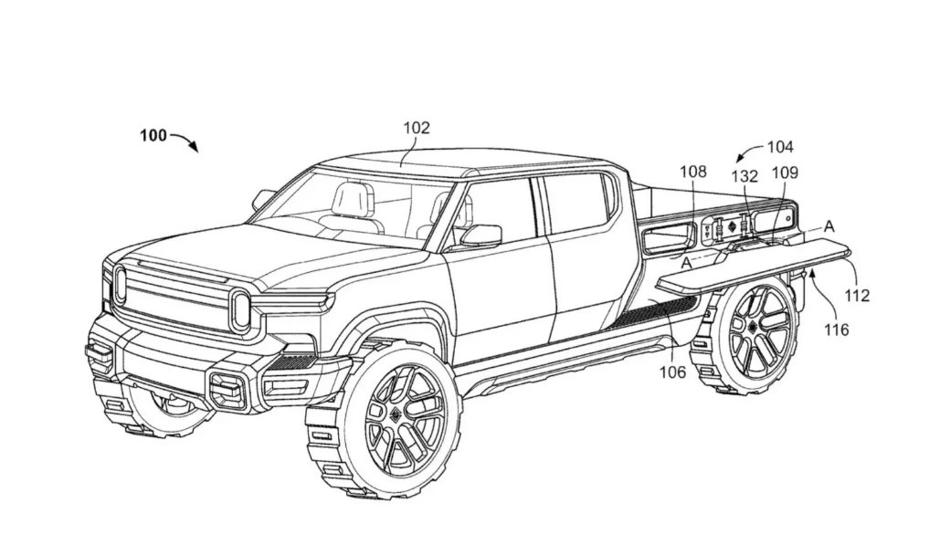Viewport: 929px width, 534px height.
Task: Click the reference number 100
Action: coord(153,136)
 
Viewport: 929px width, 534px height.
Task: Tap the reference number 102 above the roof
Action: coord(416,129)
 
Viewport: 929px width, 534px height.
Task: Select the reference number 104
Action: coord(780,146)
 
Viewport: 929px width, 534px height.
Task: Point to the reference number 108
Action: coord(693,171)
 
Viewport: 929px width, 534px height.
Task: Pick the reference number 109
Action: coord(785,172)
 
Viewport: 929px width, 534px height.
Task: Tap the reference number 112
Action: coord(857,295)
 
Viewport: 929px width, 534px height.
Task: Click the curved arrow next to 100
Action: coord(185,141)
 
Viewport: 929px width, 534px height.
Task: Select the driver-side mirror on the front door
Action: coord(480,236)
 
